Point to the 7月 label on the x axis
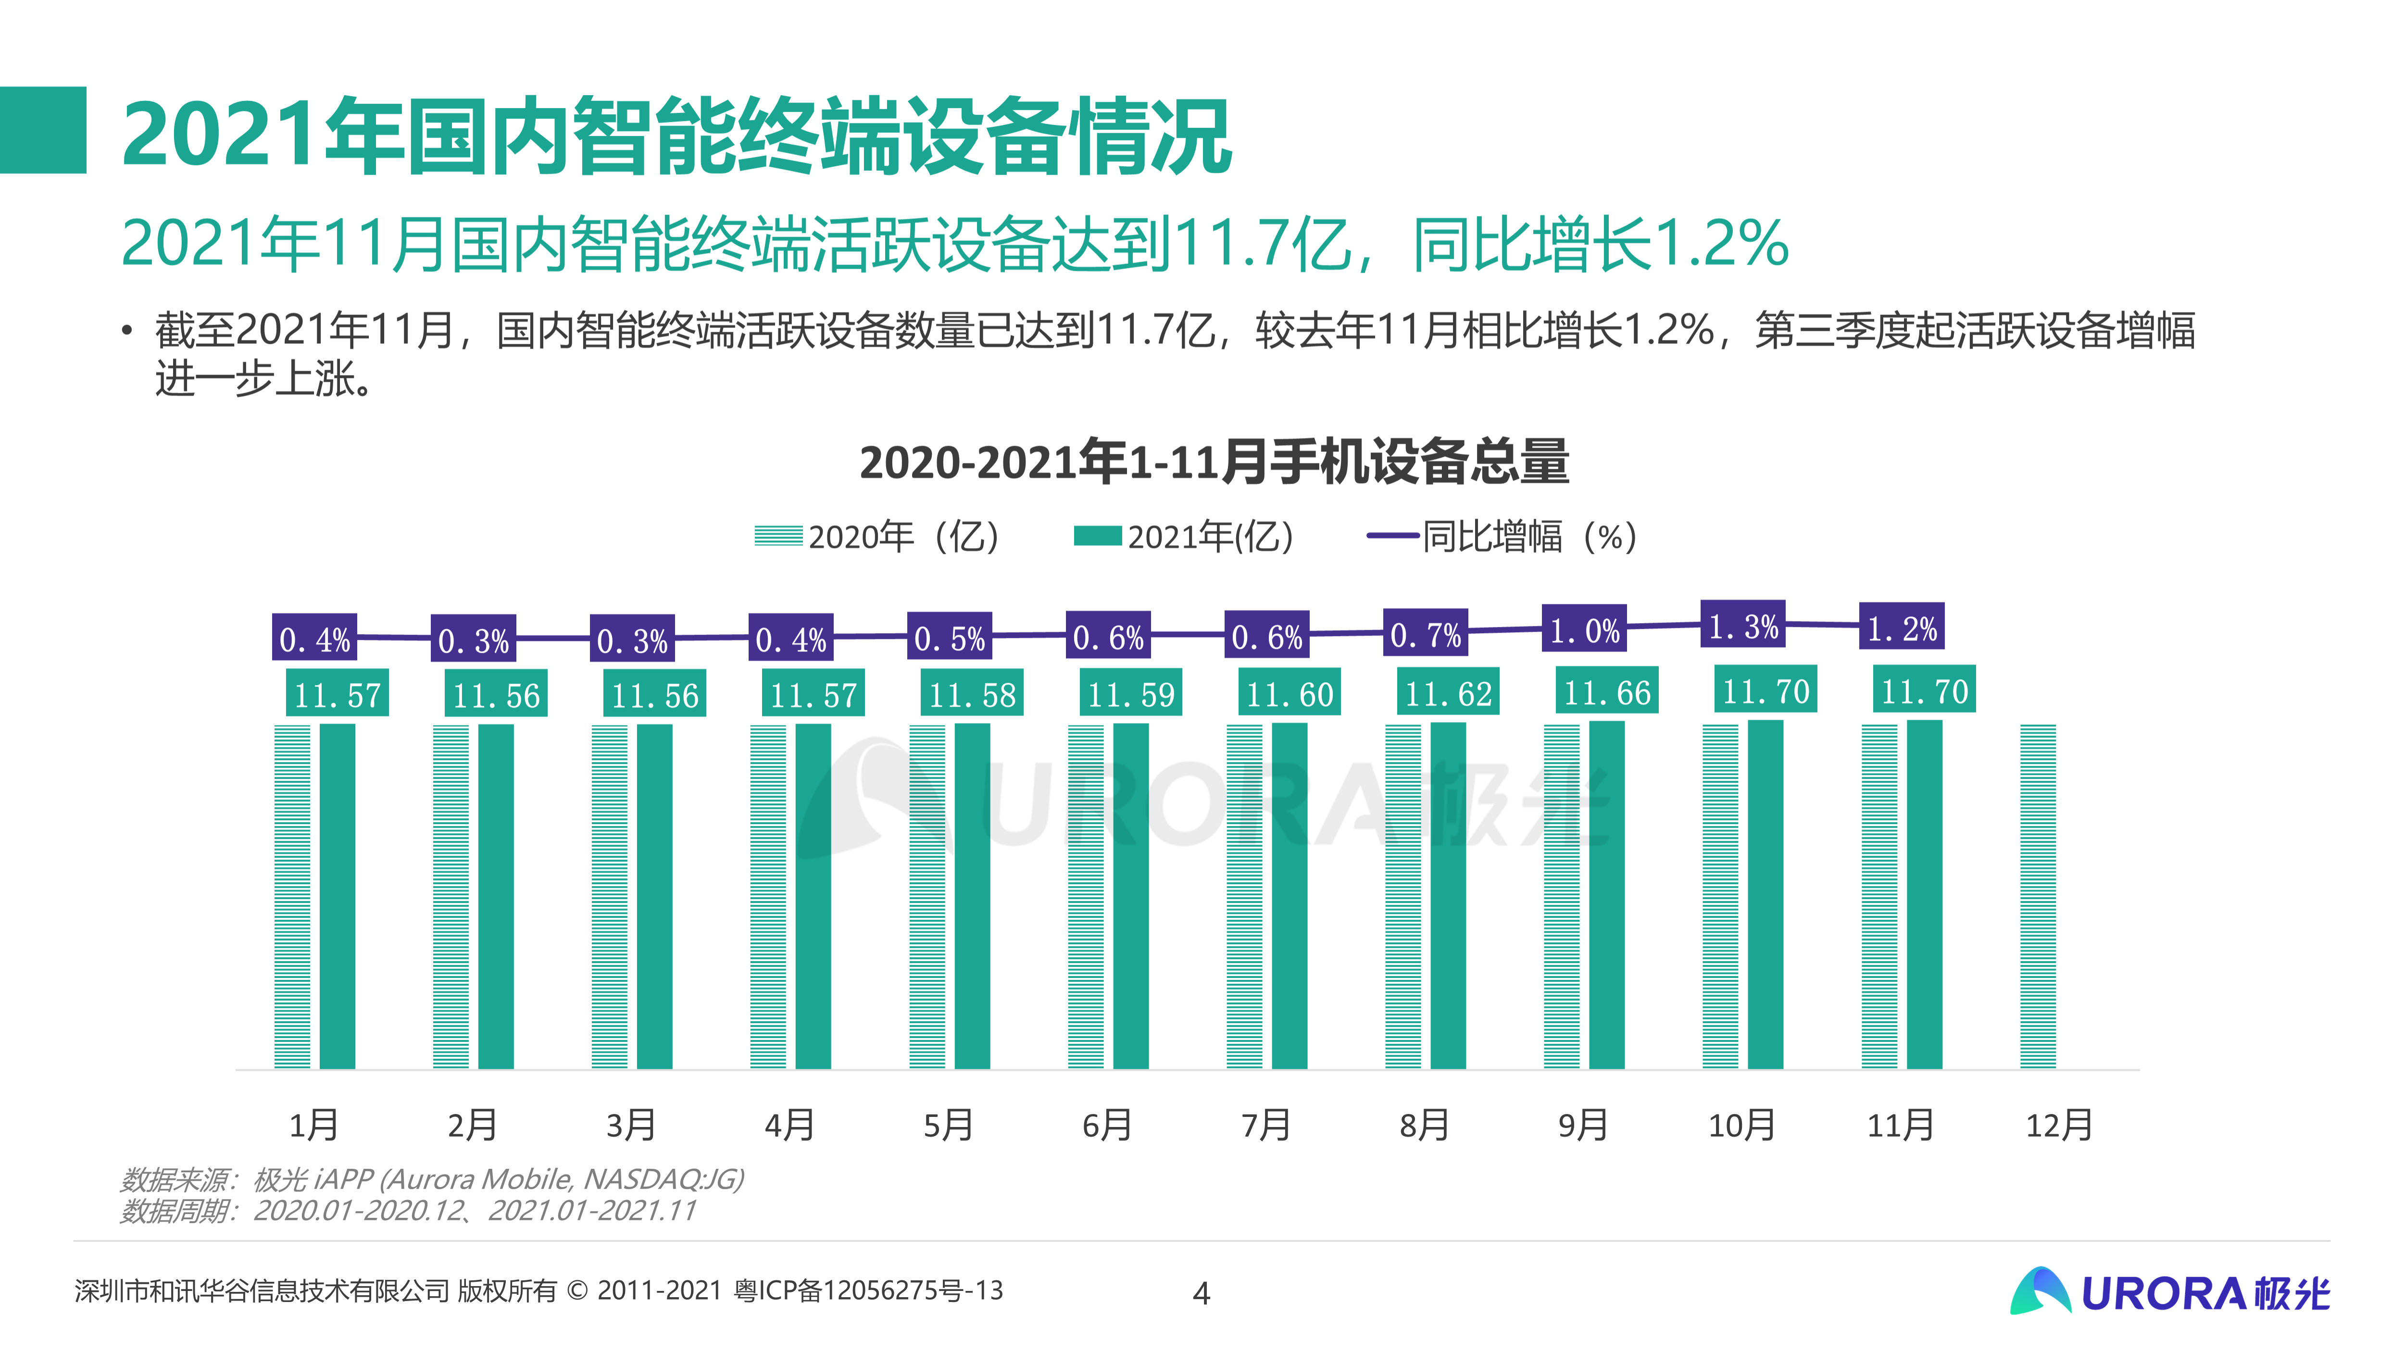tap(1265, 1125)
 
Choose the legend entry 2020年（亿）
tap(877, 537)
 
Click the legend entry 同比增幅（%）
tap(1502, 537)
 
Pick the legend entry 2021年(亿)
tap(1185, 537)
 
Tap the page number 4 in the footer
tap(1201, 1293)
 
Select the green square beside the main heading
tap(43, 130)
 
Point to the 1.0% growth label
tap(1584, 631)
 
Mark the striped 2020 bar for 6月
tap(1085, 896)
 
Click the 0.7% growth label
tap(1425, 635)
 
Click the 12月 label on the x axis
tap(2059, 1125)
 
